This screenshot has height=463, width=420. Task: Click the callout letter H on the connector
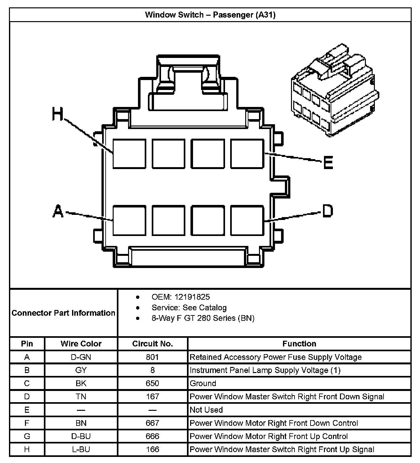58,114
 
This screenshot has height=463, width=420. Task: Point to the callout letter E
328,162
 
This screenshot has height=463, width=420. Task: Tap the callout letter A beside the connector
58,212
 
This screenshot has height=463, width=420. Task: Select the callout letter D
327,211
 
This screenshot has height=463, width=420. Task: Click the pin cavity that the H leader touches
129,154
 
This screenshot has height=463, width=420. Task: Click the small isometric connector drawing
335,90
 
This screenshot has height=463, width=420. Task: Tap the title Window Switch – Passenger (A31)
210,15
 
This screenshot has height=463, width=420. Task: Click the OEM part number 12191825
192,297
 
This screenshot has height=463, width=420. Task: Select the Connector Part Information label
63,313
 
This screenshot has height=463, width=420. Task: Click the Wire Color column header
81,344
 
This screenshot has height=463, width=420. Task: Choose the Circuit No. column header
152,344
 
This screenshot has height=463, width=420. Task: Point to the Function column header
299,344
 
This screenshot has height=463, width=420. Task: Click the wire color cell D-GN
81,357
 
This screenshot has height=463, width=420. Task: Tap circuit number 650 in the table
152,383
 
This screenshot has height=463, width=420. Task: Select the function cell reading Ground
203,383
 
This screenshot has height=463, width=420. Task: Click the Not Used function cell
206,410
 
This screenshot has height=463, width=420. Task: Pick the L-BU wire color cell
81,449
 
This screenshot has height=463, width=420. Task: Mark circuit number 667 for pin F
152,423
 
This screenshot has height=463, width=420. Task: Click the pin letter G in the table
27,436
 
